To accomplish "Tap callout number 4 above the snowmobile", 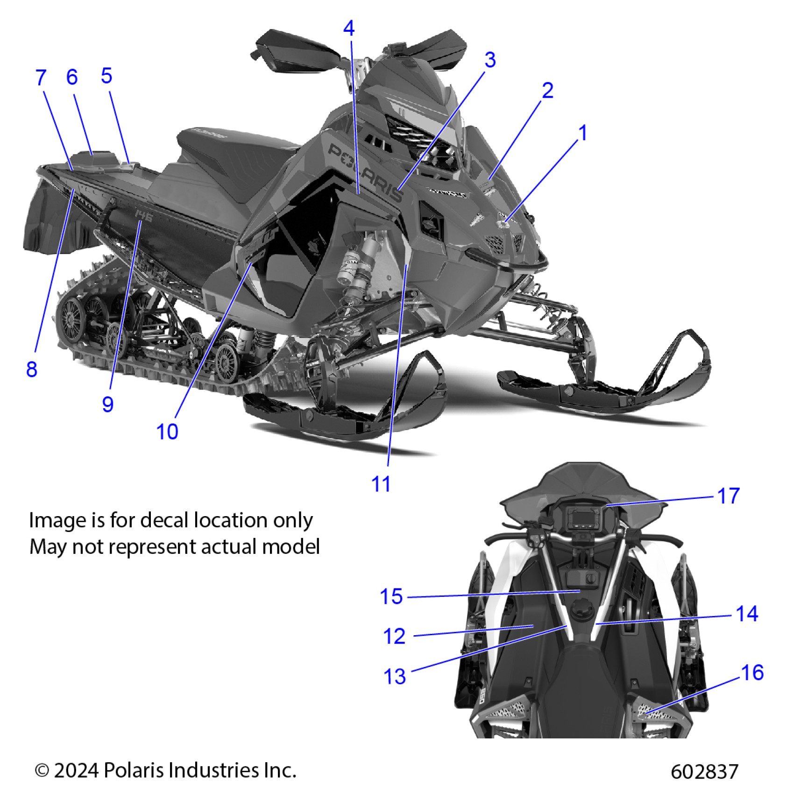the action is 349,29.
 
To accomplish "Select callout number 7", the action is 41,78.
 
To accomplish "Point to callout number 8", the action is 31,369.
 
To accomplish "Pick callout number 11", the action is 381,484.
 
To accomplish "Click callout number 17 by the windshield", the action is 728,496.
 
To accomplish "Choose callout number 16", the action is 752,673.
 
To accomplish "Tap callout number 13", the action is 395,676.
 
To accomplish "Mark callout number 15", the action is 391,596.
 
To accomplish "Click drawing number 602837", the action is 704,771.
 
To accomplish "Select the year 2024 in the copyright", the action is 76,770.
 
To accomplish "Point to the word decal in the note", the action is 166,520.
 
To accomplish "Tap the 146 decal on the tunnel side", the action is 143,215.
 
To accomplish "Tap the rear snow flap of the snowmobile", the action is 44,220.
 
